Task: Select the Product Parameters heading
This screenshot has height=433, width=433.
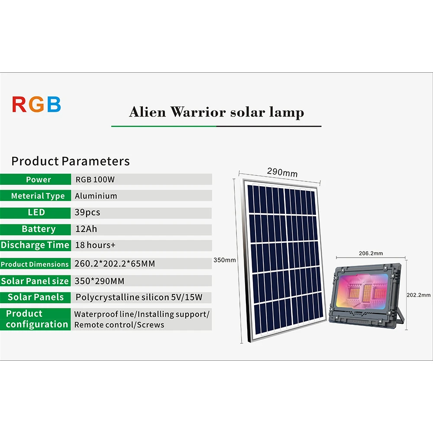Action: point(71,161)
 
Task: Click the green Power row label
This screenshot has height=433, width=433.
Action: point(36,180)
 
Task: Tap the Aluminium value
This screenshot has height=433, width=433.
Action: point(96,196)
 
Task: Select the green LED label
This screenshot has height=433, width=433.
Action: point(36,212)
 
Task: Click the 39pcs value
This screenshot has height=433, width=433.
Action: point(87,212)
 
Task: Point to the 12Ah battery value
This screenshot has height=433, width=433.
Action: point(86,229)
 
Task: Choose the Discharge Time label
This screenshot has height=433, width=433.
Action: point(35,245)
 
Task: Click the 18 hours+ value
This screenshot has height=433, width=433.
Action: point(95,245)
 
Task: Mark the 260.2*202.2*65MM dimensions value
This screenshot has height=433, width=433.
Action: point(115,264)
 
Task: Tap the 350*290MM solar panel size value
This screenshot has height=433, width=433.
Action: point(100,281)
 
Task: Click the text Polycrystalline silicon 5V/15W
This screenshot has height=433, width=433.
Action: point(139,297)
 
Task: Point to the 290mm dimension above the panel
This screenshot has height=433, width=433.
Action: point(282,172)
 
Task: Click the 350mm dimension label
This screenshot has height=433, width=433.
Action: point(224,260)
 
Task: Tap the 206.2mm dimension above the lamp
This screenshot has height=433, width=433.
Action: point(371,253)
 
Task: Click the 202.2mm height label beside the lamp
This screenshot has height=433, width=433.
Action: point(418,295)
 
